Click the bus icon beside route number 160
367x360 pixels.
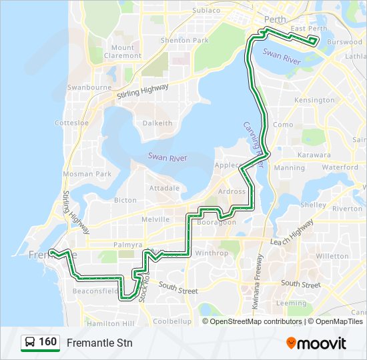pyautogui.click(x=30, y=343)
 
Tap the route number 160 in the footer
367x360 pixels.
pyautogui.click(x=47, y=343)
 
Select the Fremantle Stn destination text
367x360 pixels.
pyautogui.click(x=99, y=343)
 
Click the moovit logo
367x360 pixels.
pyautogui.click(x=316, y=343)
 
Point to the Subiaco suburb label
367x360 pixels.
pyautogui.click(x=206, y=11)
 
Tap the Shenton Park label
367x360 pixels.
pyautogui.click(x=185, y=40)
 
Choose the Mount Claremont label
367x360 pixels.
pyautogui.click(x=122, y=51)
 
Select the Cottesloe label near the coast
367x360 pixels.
pyautogui.click(x=67, y=123)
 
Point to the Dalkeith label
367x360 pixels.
pyautogui.click(x=157, y=123)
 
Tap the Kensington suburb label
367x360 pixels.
pyautogui.click(x=314, y=100)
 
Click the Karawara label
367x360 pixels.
pyautogui.click(x=314, y=155)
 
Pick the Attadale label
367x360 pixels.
pyautogui.click(x=164, y=188)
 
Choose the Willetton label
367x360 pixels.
pyautogui.click(x=332, y=256)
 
